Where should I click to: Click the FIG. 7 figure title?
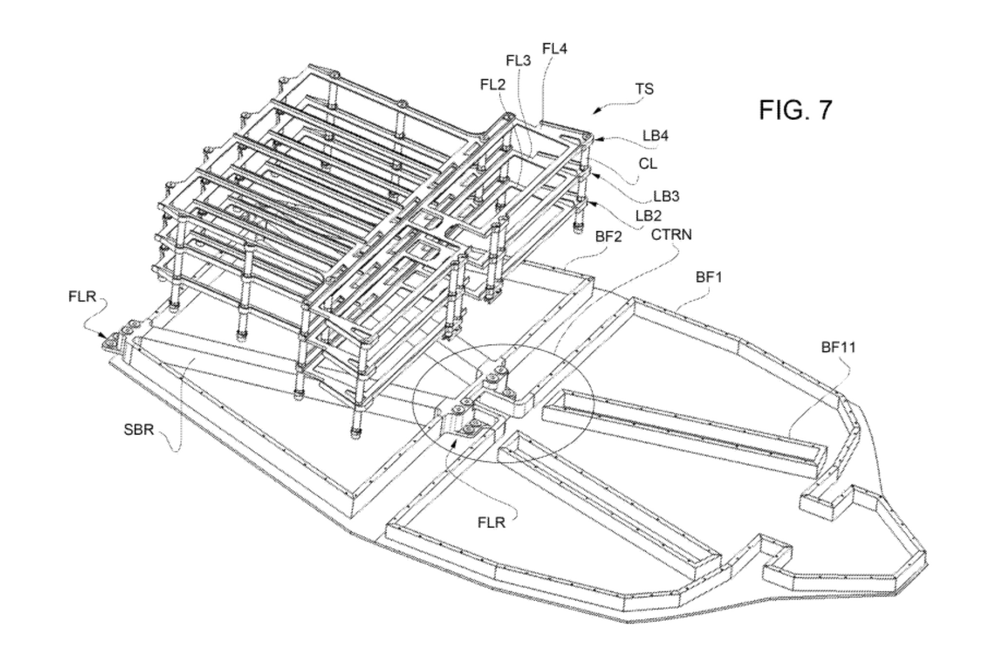(x=795, y=110)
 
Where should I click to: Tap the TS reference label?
(x=644, y=89)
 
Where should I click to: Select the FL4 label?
(x=555, y=49)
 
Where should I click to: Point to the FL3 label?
(x=518, y=61)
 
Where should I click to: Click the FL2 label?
(x=493, y=85)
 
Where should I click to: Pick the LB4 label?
(x=655, y=136)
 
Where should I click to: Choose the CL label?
(x=648, y=164)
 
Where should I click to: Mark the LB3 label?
(x=666, y=196)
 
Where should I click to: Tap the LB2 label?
(x=649, y=215)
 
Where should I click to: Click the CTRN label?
(x=672, y=235)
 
